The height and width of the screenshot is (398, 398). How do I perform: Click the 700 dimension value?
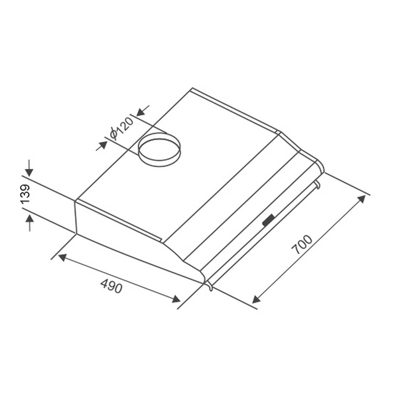[302, 246]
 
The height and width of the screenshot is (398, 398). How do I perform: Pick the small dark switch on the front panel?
[269, 221]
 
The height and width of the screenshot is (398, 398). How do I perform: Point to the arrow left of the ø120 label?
[102, 144]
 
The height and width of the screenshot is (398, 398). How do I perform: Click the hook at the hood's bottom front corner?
[210, 287]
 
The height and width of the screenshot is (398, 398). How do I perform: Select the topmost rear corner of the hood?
[192, 89]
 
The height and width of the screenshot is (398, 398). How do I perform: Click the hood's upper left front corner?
[76, 201]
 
